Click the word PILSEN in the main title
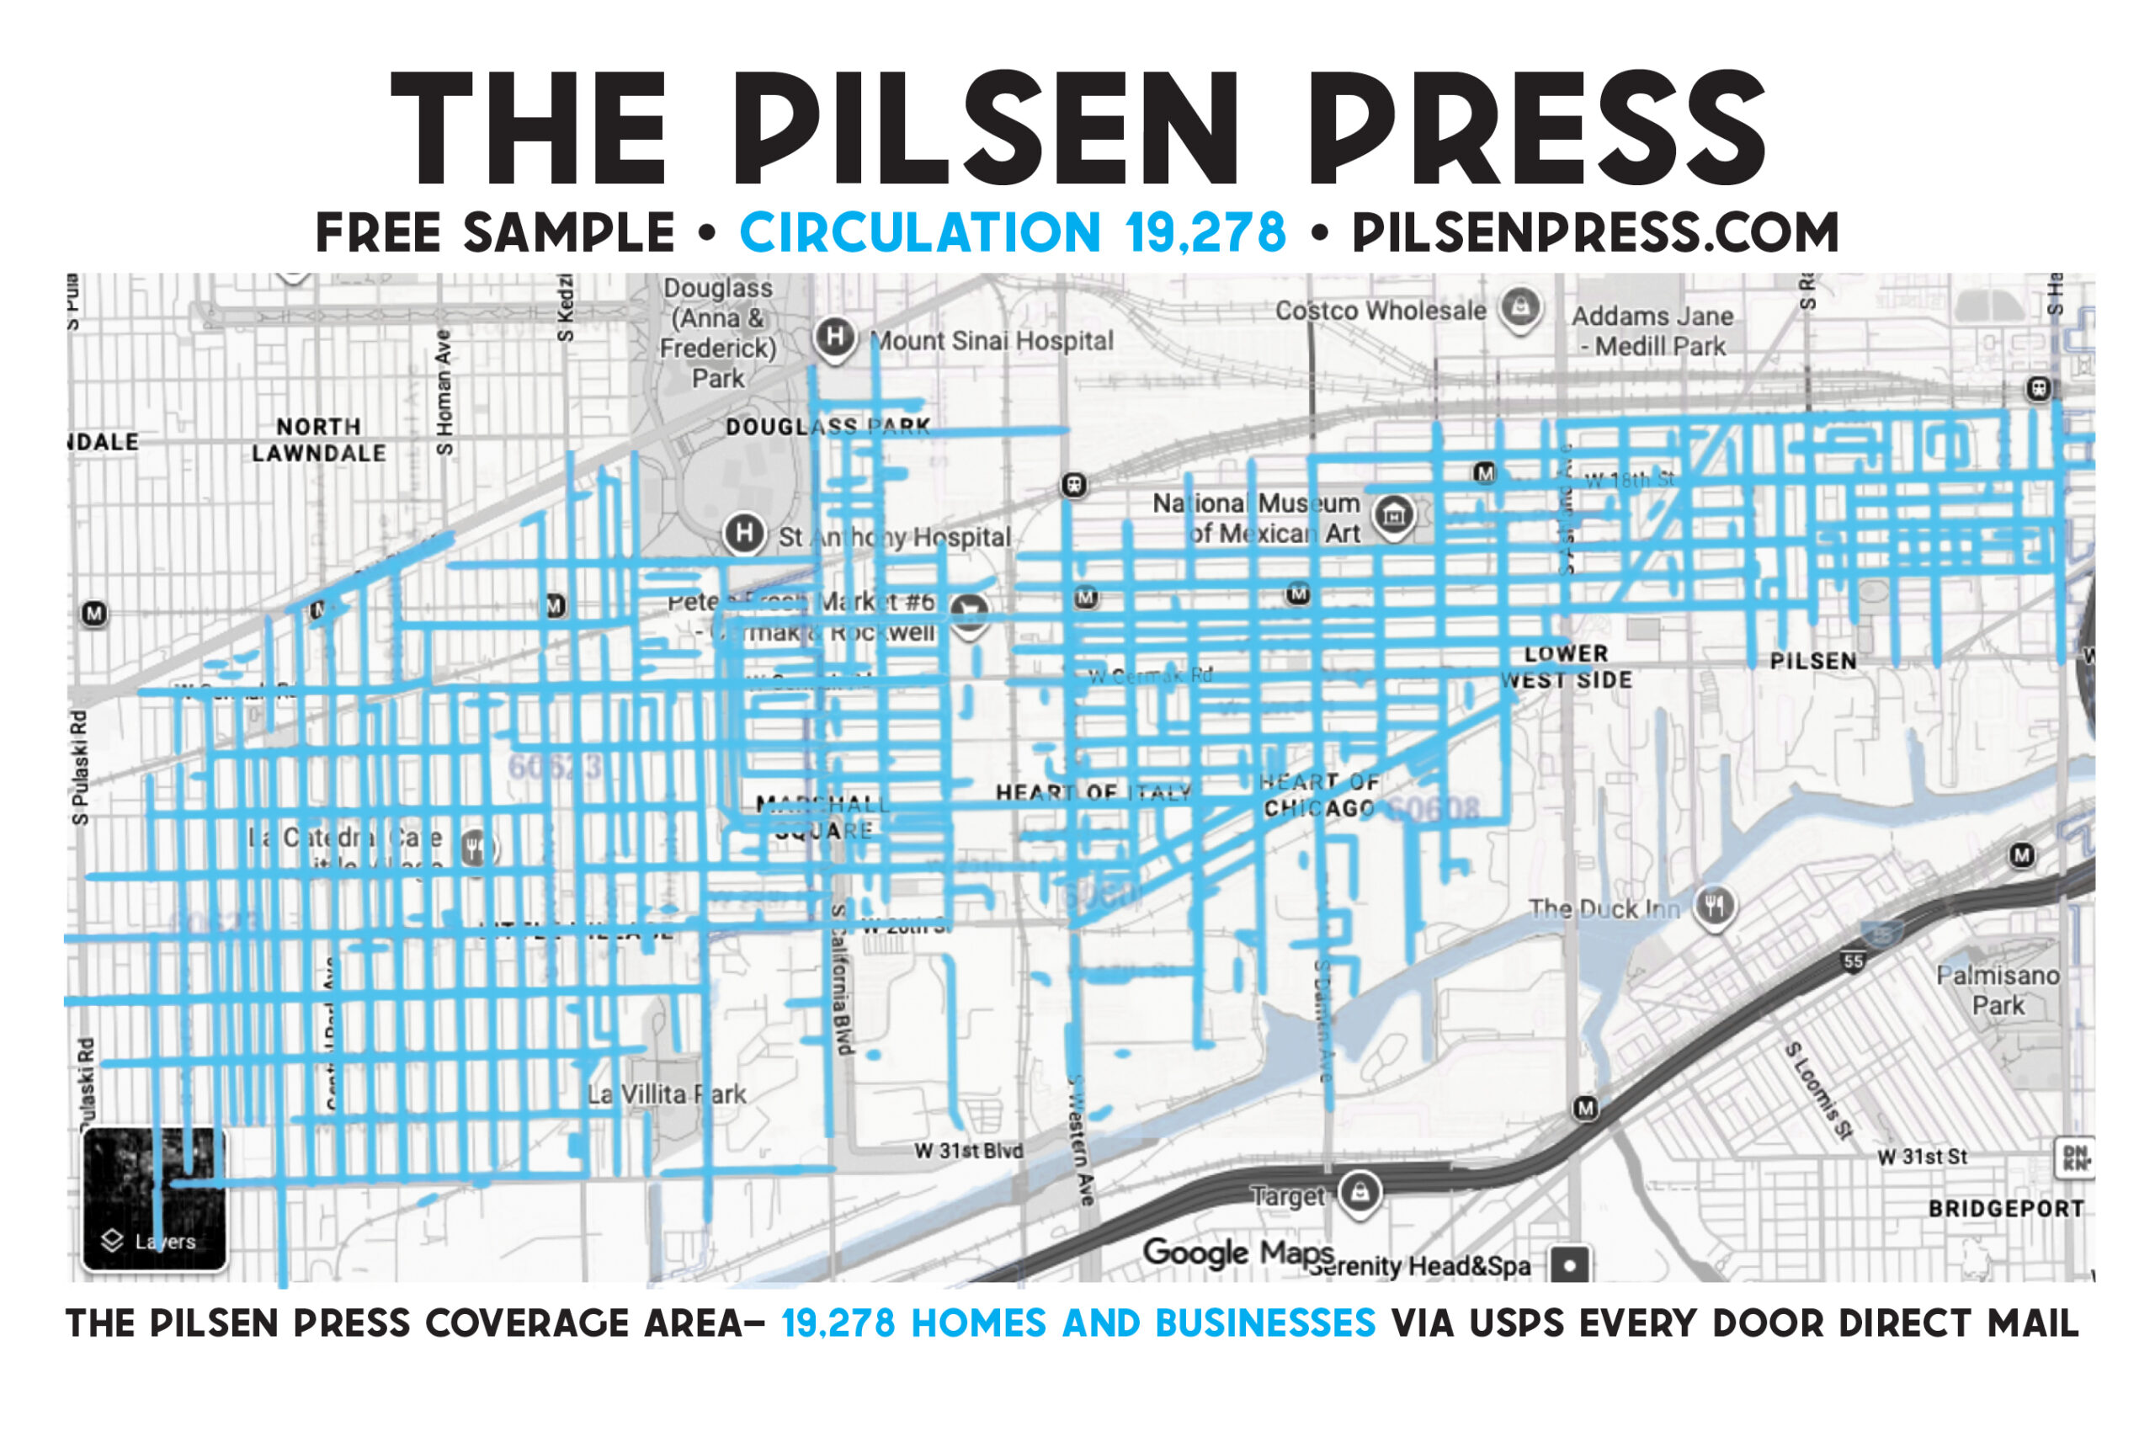click(985, 128)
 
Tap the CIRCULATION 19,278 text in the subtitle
click(1013, 233)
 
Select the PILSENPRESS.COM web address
click(1595, 233)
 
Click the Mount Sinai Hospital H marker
click(833, 338)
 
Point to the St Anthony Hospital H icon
click(744, 533)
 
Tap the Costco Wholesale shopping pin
click(1520, 308)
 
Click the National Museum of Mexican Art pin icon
click(1394, 516)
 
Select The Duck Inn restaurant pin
click(1713, 907)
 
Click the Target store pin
click(1360, 1192)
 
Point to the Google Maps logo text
click(1237, 1252)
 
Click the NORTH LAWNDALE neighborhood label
click(319, 440)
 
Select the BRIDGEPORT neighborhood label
click(2006, 1209)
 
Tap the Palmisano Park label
click(1998, 991)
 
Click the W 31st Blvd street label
click(968, 1151)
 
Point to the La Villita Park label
click(666, 1094)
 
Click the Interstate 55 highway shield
click(1854, 961)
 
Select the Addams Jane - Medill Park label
click(1653, 331)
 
